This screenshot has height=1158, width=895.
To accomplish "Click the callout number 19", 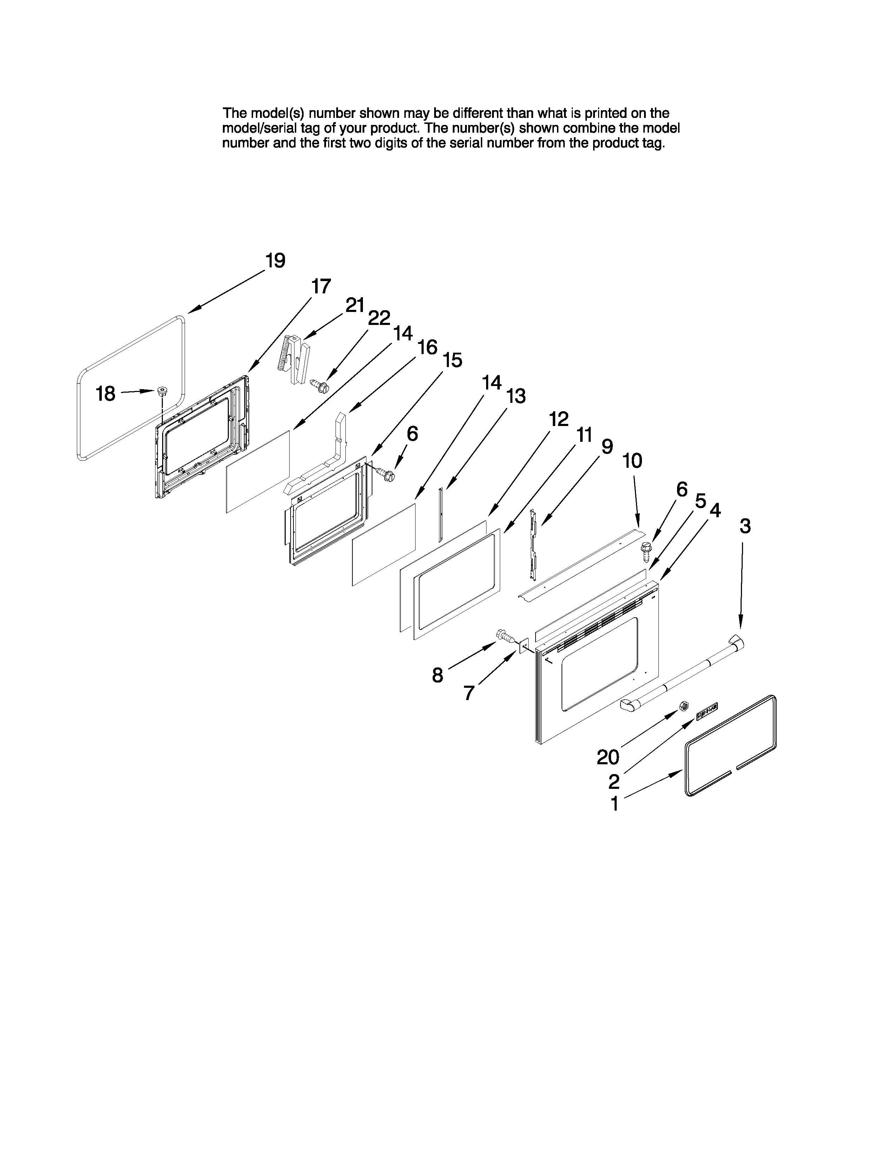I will pyautogui.click(x=275, y=261).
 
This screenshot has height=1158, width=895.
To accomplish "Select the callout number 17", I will pyautogui.click(x=321, y=286).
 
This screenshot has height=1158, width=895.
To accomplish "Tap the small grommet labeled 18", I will pyautogui.click(x=161, y=392).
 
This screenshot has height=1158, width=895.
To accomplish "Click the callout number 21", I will pyautogui.click(x=355, y=305).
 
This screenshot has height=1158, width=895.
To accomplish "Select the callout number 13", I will pyautogui.click(x=516, y=395).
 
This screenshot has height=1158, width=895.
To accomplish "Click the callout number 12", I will pyautogui.click(x=558, y=419).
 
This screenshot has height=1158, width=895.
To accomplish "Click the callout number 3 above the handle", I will pyautogui.click(x=745, y=526).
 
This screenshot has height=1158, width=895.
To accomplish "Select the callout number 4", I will pyautogui.click(x=715, y=510).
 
